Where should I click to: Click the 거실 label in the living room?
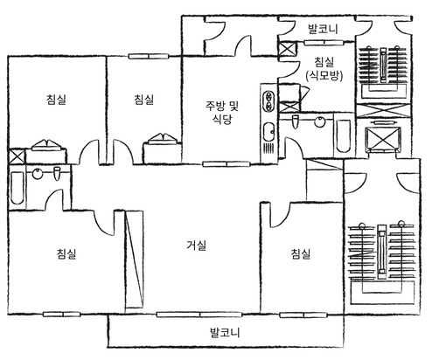tap(197, 246)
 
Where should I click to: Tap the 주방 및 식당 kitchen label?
tap(222, 112)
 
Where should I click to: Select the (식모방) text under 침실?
tap(324, 76)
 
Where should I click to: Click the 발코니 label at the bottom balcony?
tap(225, 332)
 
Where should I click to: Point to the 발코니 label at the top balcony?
tap(323, 29)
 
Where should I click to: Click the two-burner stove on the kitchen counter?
tap(268, 101)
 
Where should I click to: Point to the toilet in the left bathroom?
tap(57, 174)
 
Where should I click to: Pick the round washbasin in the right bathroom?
tap(320, 121)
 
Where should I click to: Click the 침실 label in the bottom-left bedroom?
tap(66, 253)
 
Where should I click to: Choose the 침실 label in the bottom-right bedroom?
tap(301, 254)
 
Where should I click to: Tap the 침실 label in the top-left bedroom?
tap(56, 99)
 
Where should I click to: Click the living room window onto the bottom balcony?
tap(199, 315)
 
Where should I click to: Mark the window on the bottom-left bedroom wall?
tap(62, 315)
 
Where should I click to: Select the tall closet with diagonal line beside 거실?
tap(135, 260)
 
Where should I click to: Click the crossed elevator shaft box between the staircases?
tap(383, 139)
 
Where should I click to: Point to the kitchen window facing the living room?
tap(226, 164)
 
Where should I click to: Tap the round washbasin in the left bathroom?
tap(38, 174)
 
